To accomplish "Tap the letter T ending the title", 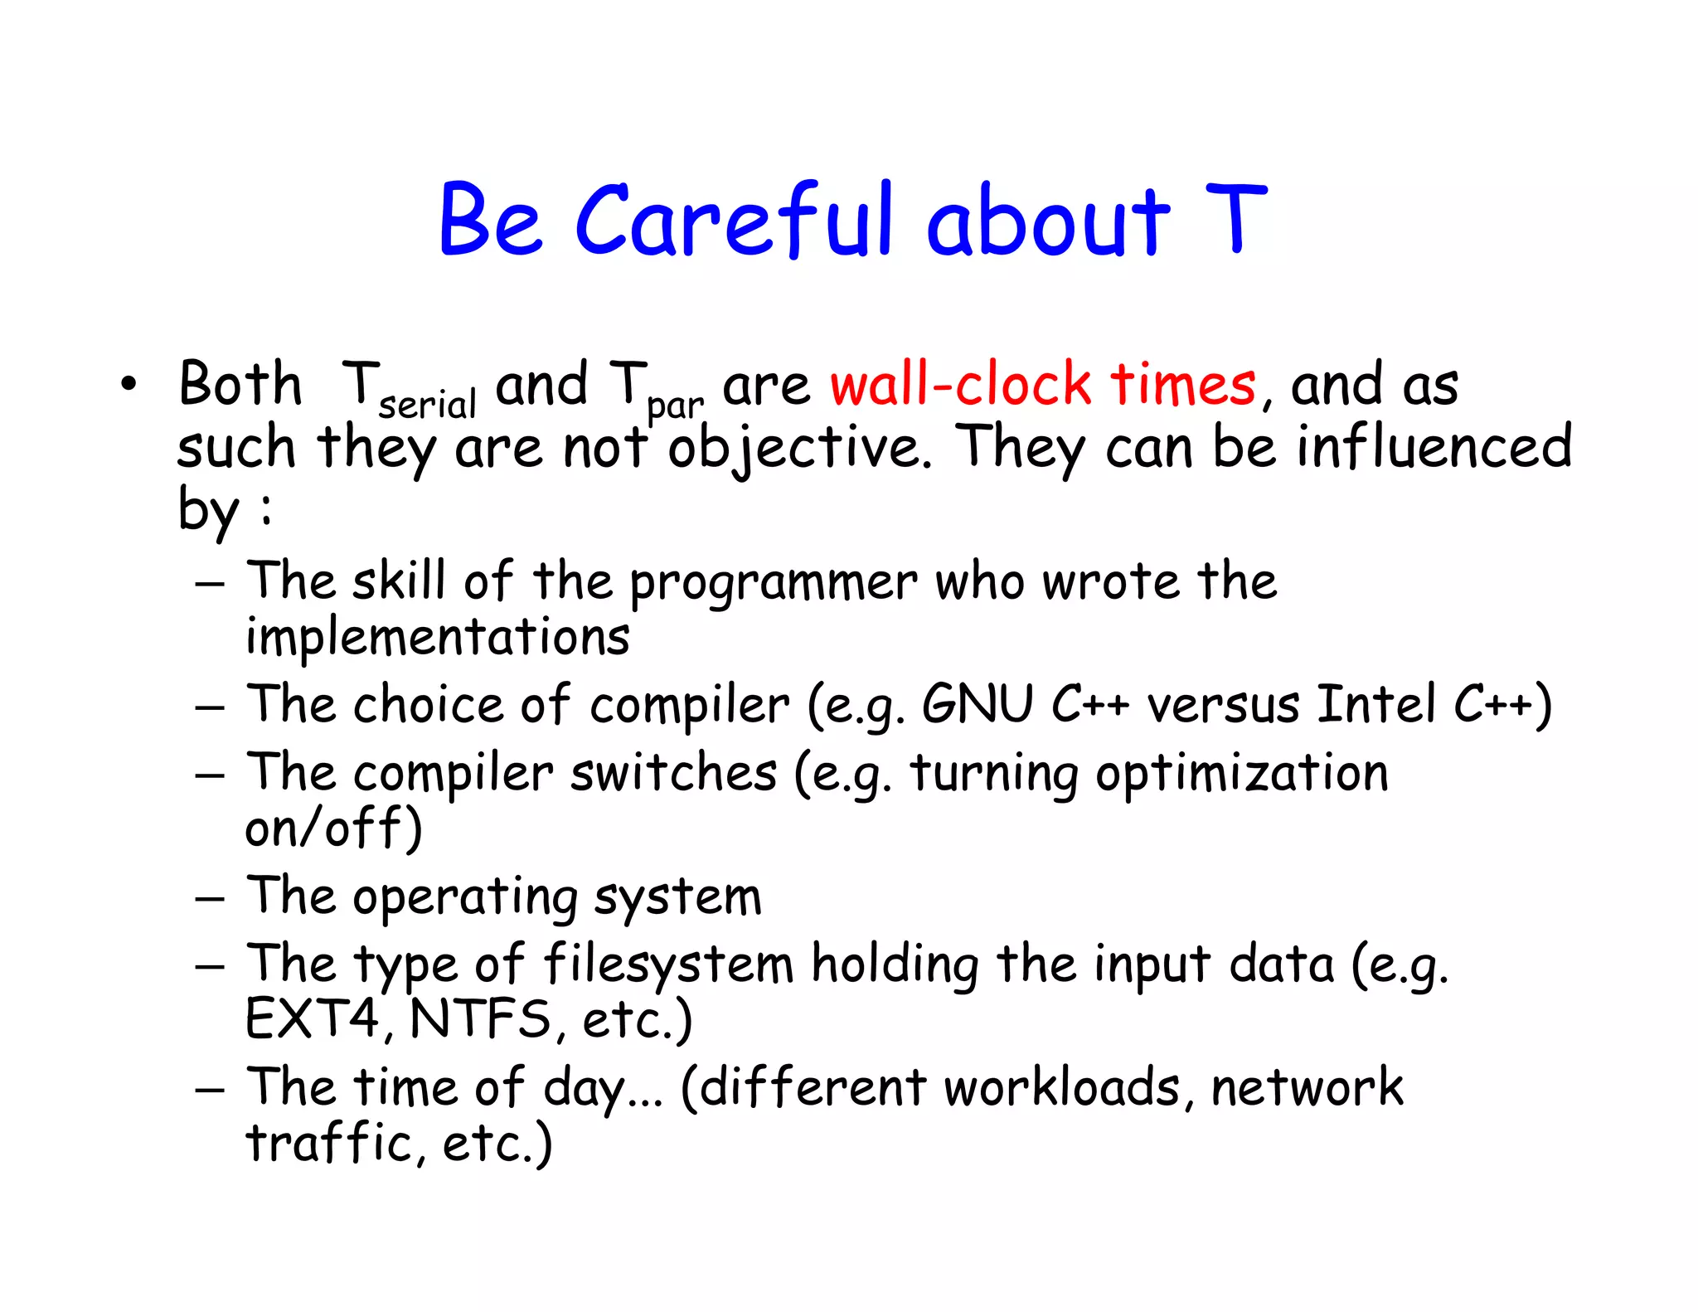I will (1235, 219).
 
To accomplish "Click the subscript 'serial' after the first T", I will (427, 405).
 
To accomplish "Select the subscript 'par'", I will (675, 406).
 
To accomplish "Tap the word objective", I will (800, 449).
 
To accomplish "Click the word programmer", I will (773, 582).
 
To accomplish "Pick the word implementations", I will (438, 638).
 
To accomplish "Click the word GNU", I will (978, 705).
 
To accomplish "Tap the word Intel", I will (1375, 705).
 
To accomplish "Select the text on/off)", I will (334, 829).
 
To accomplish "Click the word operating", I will (464, 898).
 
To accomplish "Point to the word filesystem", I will (668, 965).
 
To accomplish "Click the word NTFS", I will (480, 1019).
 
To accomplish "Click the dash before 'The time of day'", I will (210, 1089).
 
